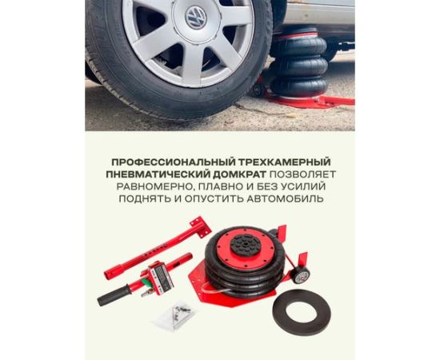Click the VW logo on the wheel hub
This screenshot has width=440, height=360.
click(196, 18)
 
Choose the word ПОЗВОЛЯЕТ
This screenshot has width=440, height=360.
click(302, 174)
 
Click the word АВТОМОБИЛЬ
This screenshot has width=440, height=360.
click(285, 199)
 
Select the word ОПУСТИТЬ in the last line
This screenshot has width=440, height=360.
click(214, 199)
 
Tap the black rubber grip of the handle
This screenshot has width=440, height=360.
click(114, 295)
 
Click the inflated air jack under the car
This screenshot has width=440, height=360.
click(298, 63)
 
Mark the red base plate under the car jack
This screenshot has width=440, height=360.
click(309, 102)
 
